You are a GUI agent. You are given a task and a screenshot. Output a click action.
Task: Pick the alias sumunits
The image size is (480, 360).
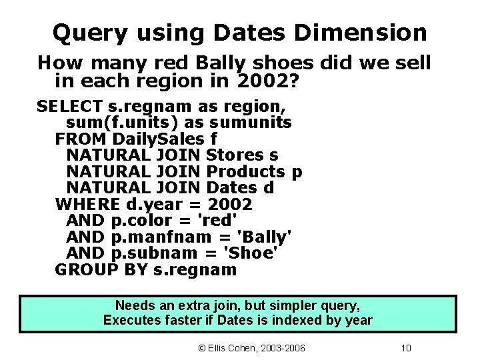coord(251,123)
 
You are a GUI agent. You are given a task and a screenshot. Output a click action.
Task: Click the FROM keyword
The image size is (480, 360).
coord(81,139)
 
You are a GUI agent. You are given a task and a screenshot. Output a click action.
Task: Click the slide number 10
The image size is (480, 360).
coord(407,348)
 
